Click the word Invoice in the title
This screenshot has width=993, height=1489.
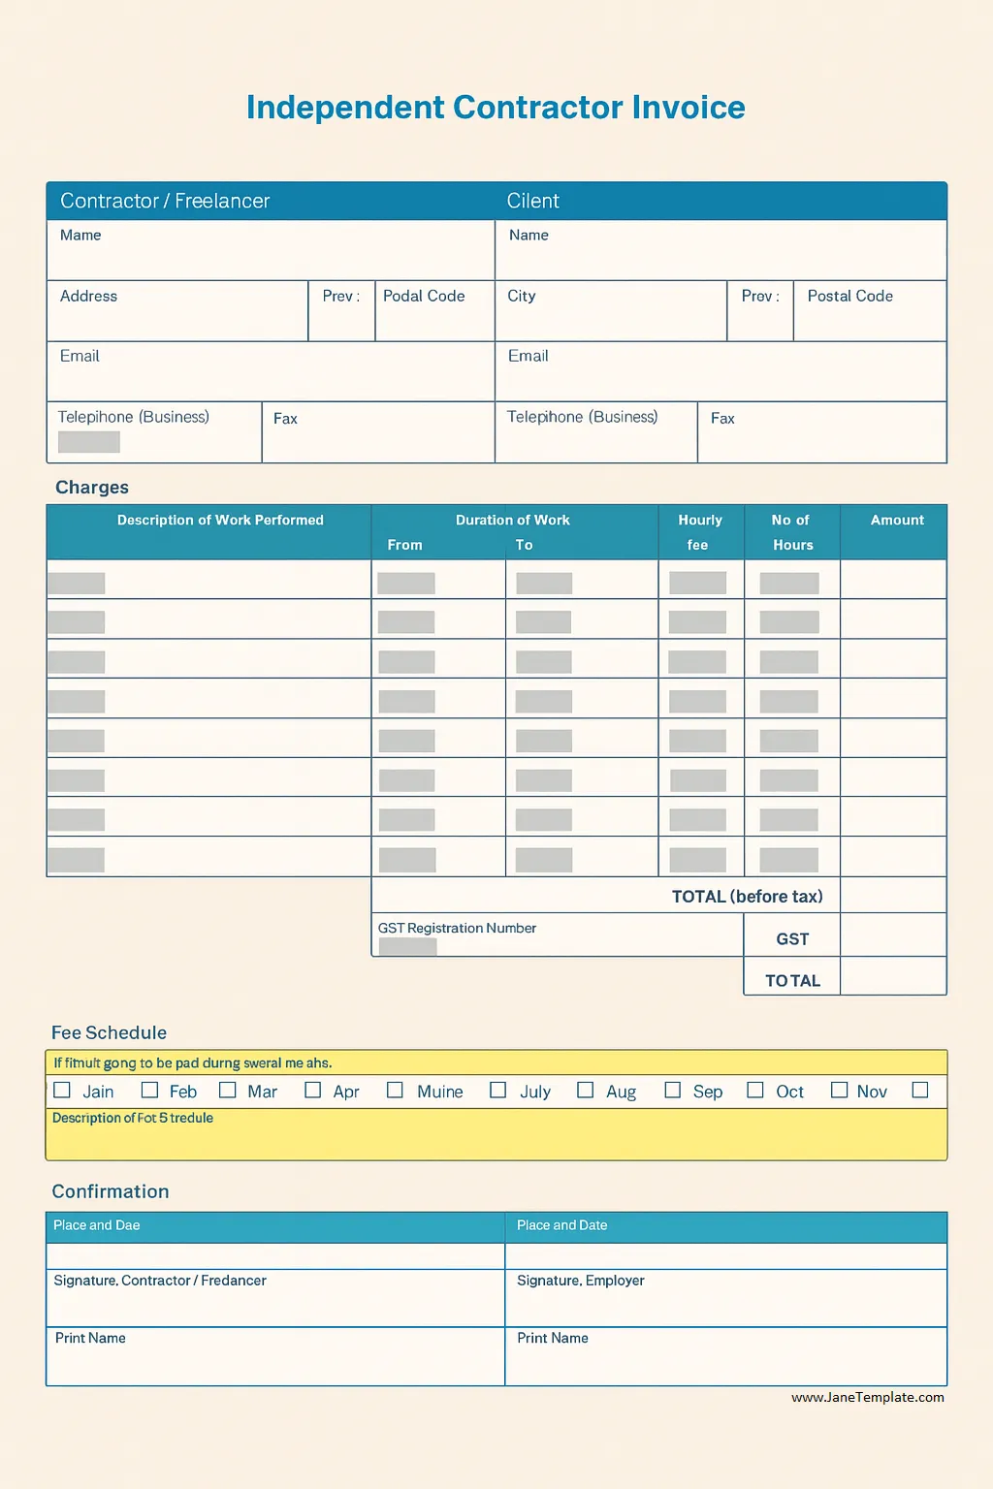[x=689, y=108]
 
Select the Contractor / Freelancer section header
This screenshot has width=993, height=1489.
[x=165, y=201]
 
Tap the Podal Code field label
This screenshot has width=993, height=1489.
[x=424, y=297]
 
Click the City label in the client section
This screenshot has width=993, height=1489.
[x=522, y=297]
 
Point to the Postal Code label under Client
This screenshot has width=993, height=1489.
[x=849, y=297]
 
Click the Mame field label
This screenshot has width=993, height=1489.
[x=80, y=236]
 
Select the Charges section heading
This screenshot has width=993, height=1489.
[x=92, y=488]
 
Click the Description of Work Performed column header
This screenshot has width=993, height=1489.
[x=220, y=521]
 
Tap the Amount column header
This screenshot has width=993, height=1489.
[x=897, y=521]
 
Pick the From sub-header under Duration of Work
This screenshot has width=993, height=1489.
[x=404, y=546]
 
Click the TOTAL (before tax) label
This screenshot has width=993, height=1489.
[x=747, y=897]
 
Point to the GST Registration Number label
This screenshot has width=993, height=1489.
[x=457, y=929]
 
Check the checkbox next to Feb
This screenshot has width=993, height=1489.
[x=149, y=1091]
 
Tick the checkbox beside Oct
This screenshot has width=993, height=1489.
[x=755, y=1091]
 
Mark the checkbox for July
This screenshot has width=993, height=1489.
[x=498, y=1091]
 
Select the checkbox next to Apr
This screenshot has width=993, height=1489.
[x=312, y=1091]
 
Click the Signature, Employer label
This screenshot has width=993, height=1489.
[x=580, y=1281]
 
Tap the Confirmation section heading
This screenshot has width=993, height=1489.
[x=111, y=1192]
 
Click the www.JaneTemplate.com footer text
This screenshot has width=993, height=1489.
[x=867, y=1398]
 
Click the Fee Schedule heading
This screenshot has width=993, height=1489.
[x=109, y=1033]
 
